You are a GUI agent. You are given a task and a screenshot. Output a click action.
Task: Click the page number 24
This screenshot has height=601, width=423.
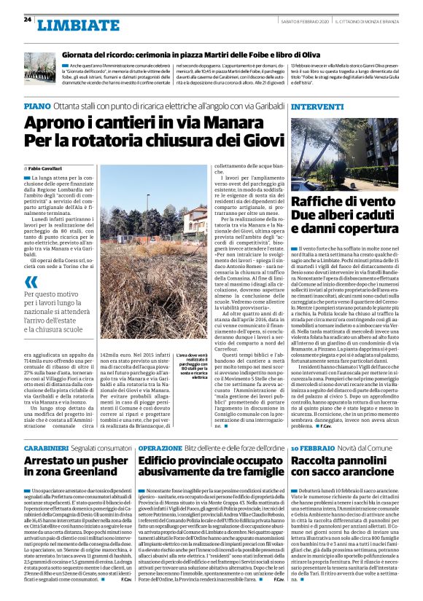click(27, 19)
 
